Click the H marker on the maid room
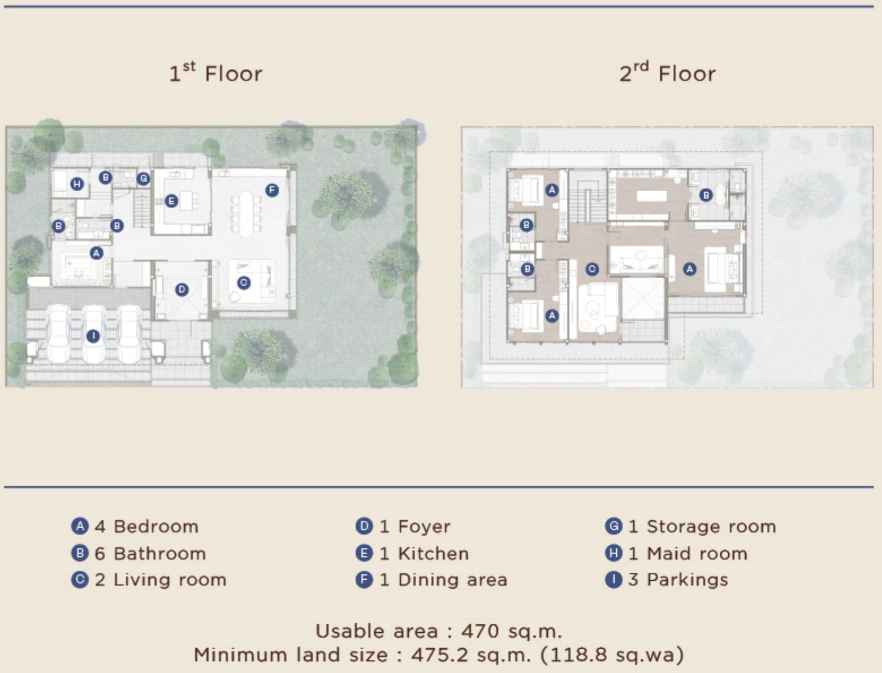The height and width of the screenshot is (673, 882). point(77,184)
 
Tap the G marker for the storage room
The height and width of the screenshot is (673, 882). point(144,178)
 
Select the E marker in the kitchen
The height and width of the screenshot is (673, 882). point(171,201)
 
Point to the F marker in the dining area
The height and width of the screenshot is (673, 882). point(272,190)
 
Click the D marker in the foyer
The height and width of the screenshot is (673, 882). point(182,290)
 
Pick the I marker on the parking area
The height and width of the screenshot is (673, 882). point(93,336)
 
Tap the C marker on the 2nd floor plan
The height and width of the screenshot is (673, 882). point(592,269)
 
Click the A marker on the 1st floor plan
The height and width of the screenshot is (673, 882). point(96,253)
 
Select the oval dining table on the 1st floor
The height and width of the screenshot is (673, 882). point(247,214)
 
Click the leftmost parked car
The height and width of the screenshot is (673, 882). point(59,334)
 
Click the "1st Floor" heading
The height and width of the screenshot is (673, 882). point(216,72)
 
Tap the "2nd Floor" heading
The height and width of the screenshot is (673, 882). point(667,72)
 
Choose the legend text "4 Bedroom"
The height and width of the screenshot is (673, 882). point(146,527)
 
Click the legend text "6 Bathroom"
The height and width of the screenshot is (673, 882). point(150,553)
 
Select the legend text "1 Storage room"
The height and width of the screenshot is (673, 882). point(702,527)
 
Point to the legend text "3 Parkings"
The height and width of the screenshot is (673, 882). point(678,579)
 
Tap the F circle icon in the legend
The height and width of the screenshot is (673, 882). point(364,580)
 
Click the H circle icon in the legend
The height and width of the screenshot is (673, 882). point(613,553)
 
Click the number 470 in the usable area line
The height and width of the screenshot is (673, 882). point(480,631)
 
